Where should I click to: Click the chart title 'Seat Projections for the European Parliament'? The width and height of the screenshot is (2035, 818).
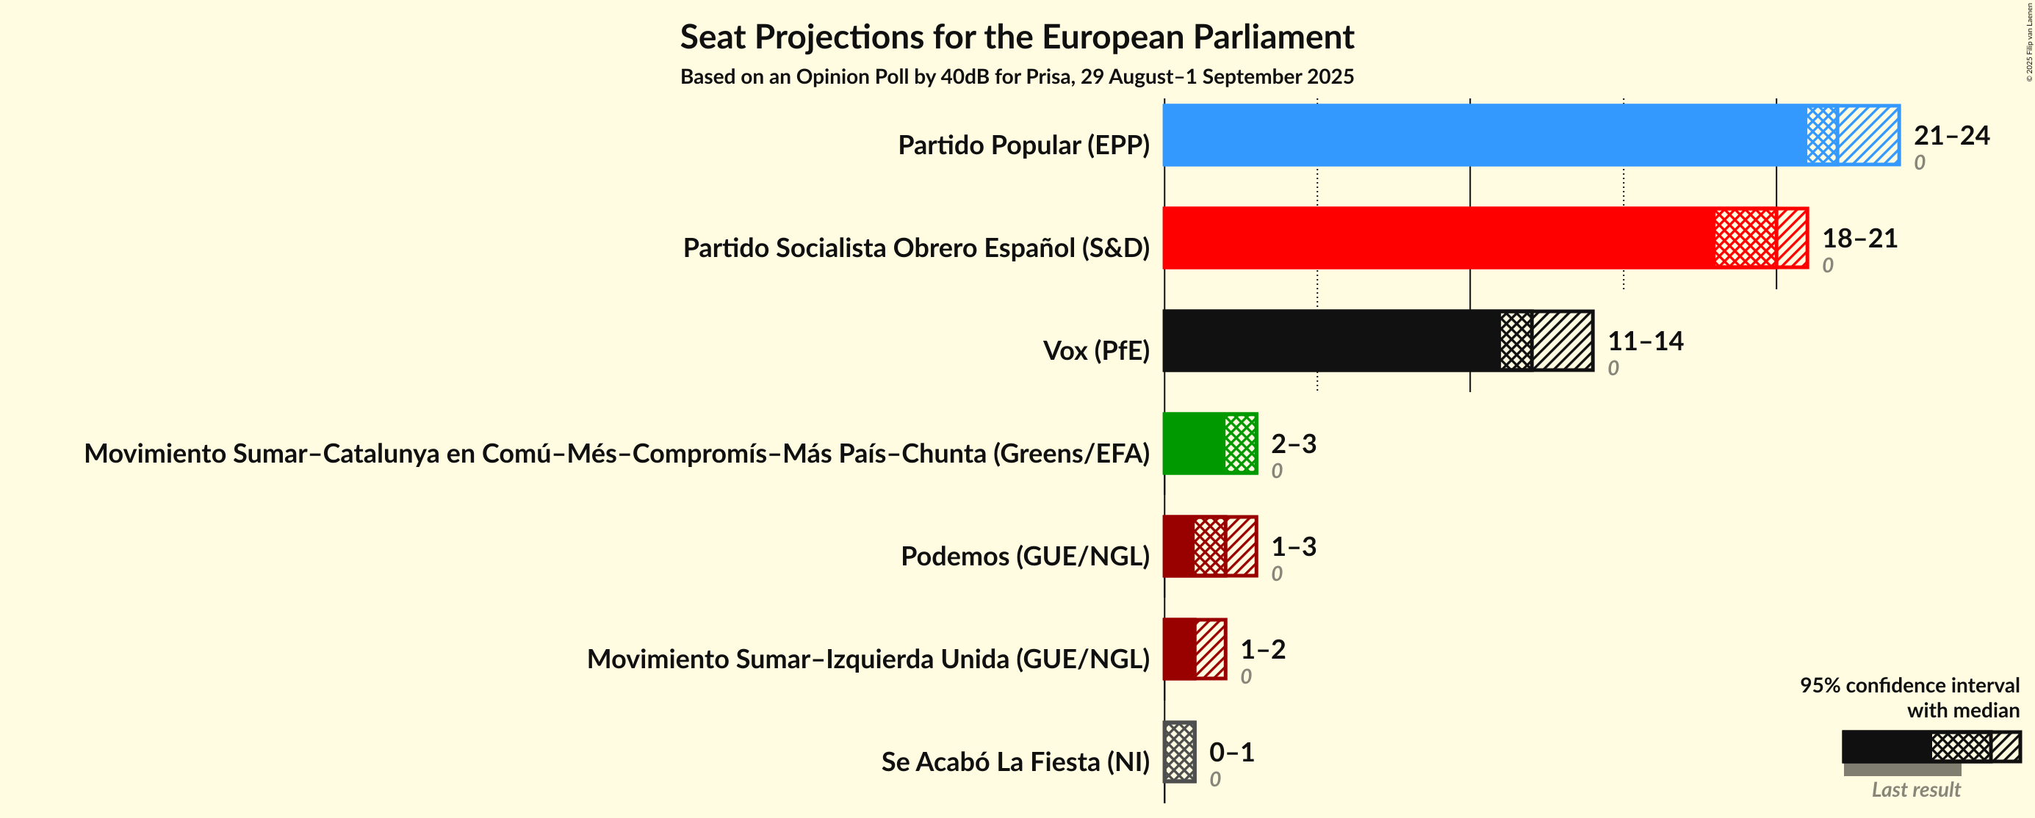pos(1017,37)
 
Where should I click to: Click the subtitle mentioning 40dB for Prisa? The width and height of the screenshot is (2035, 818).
pos(1017,76)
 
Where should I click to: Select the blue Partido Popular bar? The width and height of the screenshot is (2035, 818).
pos(1530,135)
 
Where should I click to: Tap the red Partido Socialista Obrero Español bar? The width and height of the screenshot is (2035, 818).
pos(1485,238)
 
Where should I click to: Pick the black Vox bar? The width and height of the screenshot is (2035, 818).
pos(1377,340)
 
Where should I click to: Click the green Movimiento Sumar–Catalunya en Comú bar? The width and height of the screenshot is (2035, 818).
pos(1209,443)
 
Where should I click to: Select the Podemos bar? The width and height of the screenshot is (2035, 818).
pos(1209,546)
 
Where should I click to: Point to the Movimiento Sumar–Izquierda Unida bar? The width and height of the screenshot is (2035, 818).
pos(1195,648)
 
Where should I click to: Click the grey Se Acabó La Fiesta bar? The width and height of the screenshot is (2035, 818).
pos(1179,751)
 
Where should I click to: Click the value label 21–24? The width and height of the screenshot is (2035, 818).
pos(1951,136)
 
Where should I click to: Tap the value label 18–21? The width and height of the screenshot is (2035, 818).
pos(1859,239)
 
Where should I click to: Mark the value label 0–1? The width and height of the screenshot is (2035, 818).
pos(1231,752)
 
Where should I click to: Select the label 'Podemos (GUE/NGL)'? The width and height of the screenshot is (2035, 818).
pos(1025,556)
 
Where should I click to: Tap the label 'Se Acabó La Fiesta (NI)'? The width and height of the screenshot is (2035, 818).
pos(1015,762)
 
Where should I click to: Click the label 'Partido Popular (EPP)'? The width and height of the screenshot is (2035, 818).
pos(1023,145)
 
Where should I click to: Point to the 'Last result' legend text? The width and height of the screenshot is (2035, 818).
pos(1915,789)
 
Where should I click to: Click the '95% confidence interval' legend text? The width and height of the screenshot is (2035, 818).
pos(1909,685)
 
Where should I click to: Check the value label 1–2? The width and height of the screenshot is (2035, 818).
pos(1261,649)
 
